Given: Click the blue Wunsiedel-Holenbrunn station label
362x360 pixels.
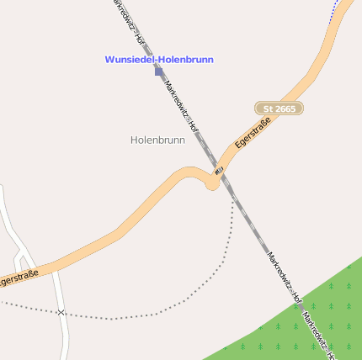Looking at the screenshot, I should point(159,60).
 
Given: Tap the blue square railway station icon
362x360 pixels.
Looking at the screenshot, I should point(158,72).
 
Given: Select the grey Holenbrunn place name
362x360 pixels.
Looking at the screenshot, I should point(157,140).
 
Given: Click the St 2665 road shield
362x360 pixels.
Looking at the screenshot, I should point(279,109).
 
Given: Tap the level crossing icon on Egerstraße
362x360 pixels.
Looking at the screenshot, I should point(219,171).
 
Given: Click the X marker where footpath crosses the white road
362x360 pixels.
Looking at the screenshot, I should point(61,312).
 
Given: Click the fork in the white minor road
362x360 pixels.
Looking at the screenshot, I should point(21,250).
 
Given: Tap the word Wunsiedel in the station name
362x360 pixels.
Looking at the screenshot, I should point(129,60).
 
